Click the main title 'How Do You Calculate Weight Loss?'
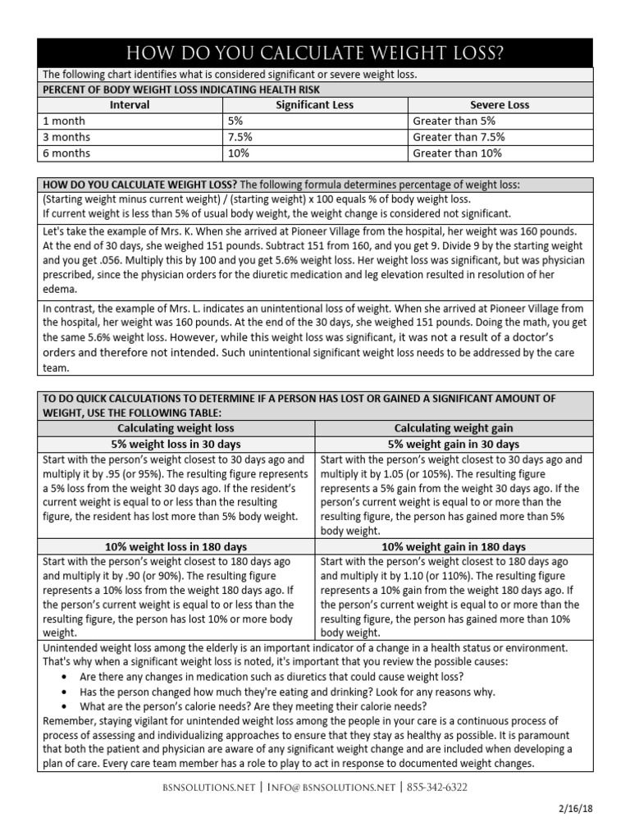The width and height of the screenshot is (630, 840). tap(315, 53)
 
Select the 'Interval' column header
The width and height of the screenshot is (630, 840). tap(130, 105)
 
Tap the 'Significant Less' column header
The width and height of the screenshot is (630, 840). tap(314, 105)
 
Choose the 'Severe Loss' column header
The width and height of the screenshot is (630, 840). tap(499, 105)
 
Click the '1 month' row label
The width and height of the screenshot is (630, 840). tap(64, 121)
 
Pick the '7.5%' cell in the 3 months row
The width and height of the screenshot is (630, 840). tap(240, 137)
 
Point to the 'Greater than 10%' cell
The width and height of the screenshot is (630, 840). tap(457, 153)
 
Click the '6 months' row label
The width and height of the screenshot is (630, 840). tap(67, 153)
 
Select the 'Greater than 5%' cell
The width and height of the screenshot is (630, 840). tap(454, 121)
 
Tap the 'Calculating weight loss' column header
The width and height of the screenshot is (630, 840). tap(176, 428)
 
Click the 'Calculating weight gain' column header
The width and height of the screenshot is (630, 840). tap(454, 428)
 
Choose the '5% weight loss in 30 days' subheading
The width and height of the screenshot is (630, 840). tap(176, 444)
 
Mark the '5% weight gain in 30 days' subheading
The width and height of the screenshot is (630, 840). tap(454, 444)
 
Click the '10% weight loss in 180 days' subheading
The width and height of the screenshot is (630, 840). tap(176, 546)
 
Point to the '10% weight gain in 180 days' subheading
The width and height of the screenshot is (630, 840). tap(454, 546)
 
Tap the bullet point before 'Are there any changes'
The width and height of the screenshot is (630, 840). tap(65, 678)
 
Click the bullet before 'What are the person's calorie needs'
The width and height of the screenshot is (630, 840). tap(65, 706)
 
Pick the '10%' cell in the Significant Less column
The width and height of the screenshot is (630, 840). tap(237, 153)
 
